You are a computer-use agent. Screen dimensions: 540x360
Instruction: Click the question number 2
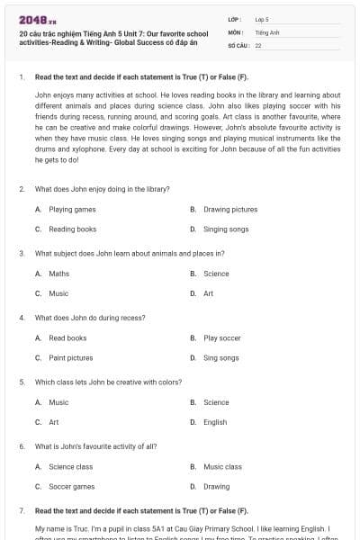[x=22, y=189]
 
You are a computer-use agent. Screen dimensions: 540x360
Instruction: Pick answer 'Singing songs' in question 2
[x=226, y=229]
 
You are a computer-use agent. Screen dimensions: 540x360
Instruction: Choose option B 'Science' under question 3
[x=216, y=274]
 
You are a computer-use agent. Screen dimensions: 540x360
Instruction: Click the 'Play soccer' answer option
[x=222, y=337]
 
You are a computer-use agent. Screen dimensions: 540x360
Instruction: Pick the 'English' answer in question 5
[x=215, y=422]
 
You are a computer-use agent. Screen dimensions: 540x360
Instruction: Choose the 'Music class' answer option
[x=222, y=467]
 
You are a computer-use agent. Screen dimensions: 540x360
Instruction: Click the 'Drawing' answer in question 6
[x=216, y=487]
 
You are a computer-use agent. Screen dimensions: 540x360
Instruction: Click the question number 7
[x=22, y=510]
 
